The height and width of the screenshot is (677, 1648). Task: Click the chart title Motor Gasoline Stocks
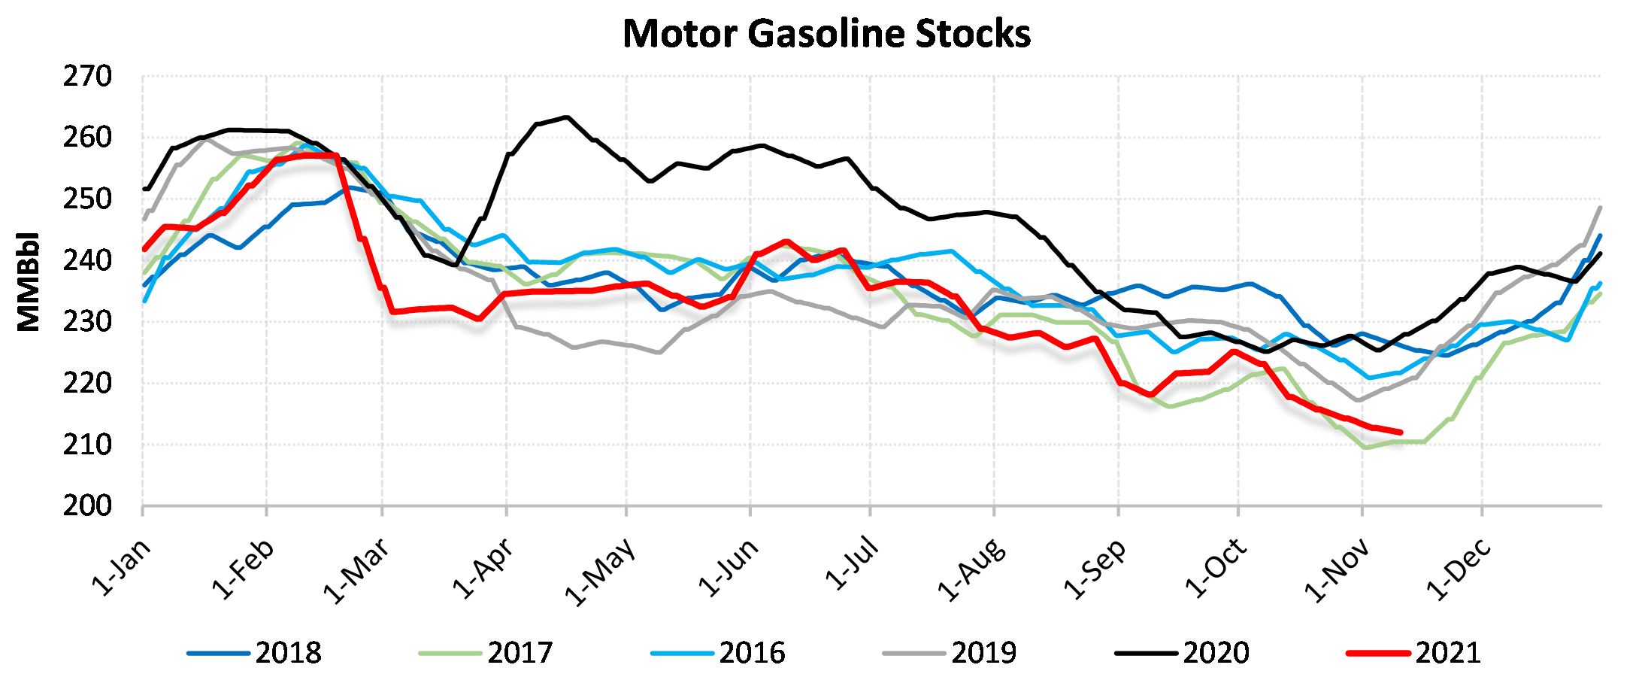point(826,34)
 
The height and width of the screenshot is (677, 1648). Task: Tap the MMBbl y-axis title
point(29,281)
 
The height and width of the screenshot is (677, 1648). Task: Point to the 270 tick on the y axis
point(87,77)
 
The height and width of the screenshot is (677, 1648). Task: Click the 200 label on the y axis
point(87,506)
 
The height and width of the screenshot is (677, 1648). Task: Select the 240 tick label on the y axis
point(87,261)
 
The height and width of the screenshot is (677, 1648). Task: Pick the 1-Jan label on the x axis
point(121,568)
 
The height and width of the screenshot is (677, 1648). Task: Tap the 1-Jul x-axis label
point(851,563)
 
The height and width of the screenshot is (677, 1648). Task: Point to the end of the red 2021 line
point(1401,433)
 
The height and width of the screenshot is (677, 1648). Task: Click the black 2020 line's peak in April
point(567,117)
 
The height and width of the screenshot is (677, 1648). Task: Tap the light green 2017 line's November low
point(1365,448)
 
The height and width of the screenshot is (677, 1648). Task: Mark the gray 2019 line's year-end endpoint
point(1600,208)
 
